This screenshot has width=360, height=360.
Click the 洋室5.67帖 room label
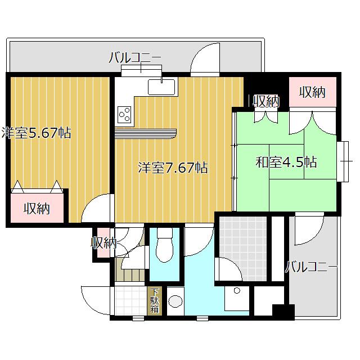click(x=36, y=133)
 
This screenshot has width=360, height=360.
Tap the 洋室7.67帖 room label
click(x=173, y=168)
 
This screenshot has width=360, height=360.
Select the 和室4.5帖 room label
click(x=286, y=162)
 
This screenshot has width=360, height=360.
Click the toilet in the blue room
click(x=164, y=245)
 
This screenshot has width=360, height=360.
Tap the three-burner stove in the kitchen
click(x=124, y=115)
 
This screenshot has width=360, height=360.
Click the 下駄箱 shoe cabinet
click(x=155, y=300)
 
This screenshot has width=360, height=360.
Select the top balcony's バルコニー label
click(x=135, y=57)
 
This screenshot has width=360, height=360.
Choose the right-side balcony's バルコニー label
click(x=311, y=267)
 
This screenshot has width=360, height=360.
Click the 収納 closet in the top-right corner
click(x=313, y=92)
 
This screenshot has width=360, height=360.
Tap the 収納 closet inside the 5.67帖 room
click(x=37, y=208)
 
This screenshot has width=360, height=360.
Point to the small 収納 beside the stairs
click(x=103, y=242)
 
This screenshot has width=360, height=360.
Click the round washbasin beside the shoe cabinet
click(x=175, y=301)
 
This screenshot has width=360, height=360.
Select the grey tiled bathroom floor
click(x=242, y=249)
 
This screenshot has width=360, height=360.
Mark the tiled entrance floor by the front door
click(x=130, y=300)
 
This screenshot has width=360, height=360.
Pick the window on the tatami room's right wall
click(x=343, y=161)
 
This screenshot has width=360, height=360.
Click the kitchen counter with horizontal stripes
click(x=145, y=134)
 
